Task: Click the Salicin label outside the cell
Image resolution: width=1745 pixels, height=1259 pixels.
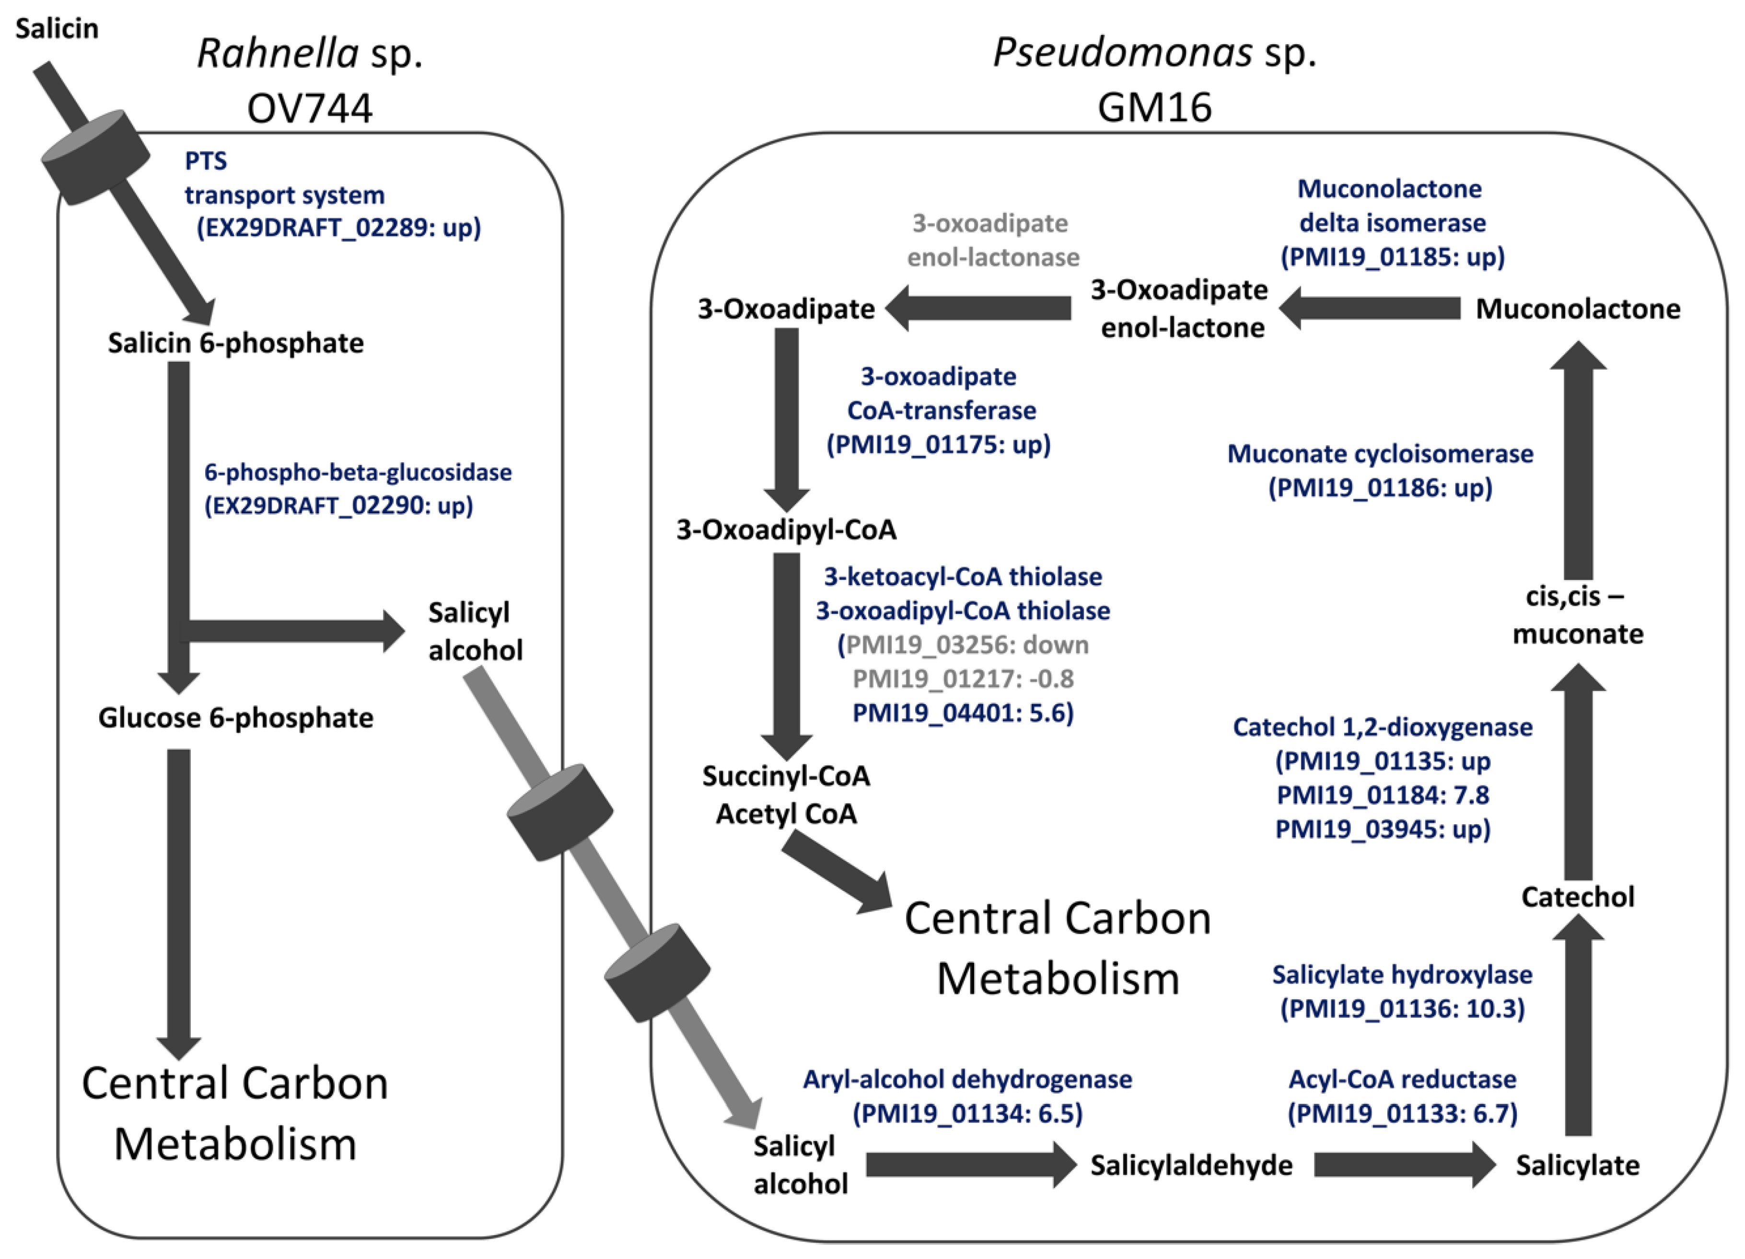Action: [x=57, y=28]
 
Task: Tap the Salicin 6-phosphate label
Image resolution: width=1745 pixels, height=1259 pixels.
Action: [x=235, y=343]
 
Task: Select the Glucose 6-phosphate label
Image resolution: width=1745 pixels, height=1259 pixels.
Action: [x=235, y=717]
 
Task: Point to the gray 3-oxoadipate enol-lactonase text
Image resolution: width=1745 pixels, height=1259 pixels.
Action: [x=992, y=240]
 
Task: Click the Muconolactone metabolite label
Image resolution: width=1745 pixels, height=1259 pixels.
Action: [x=1577, y=309]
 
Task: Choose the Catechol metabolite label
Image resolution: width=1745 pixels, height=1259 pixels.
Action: [x=1577, y=897]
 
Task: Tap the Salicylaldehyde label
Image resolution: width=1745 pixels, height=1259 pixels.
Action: [x=1191, y=1165]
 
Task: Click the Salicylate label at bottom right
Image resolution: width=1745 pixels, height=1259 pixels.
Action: [x=1577, y=1165]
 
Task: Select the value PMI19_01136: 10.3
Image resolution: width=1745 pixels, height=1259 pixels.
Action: [x=1402, y=1008]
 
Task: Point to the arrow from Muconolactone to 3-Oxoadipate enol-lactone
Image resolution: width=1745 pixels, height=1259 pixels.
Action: [x=1370, y=309]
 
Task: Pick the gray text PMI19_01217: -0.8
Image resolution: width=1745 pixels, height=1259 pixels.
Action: [x=963, y=678]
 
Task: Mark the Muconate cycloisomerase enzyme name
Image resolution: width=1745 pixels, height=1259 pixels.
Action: [x=1380, y=454]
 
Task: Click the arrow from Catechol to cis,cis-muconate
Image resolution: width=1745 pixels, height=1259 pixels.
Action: [x=1577, y=777]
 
